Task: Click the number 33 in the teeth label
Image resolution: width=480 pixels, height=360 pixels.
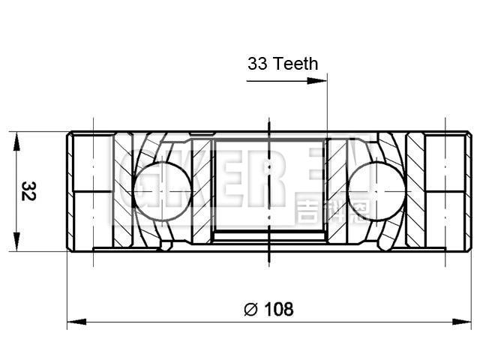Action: coord(257,64)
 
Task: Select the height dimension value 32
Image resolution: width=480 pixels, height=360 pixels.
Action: coord(28,190)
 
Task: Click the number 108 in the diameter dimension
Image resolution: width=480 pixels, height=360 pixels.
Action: coord(278,308)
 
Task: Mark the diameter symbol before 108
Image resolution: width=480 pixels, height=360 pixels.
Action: coord(251,308)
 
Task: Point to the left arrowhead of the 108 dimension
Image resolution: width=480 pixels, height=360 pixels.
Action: coord(73,322)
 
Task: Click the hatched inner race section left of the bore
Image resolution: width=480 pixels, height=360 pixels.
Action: coord(201,191)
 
